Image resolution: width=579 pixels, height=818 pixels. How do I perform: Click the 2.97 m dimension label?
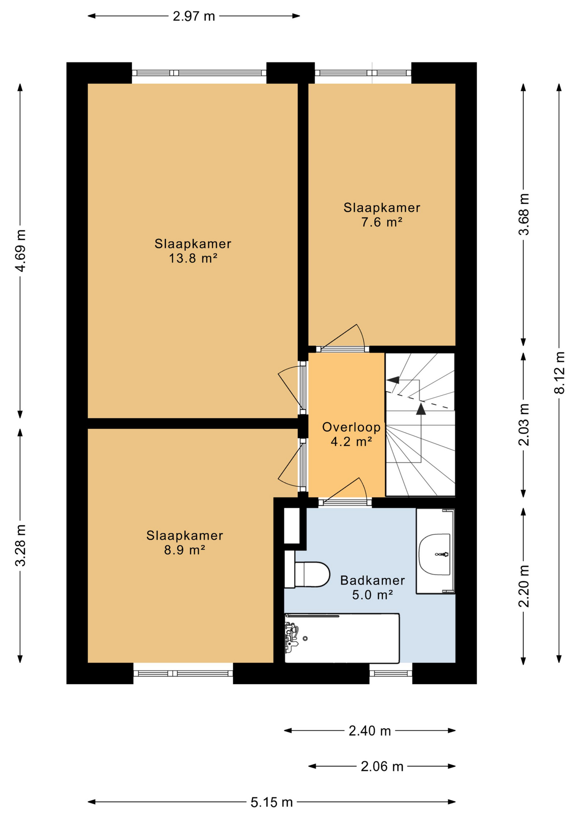tap(194, 16)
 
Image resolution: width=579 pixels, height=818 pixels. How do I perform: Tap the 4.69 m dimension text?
tap(20, 250)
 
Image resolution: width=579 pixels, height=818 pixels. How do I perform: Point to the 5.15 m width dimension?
tap(272, 802)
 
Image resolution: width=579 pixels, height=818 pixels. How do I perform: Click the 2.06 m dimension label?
tap(382, 766)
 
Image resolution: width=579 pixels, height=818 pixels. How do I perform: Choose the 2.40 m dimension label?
tap(370, 731)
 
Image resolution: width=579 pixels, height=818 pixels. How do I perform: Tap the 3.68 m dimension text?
tap(524, 214)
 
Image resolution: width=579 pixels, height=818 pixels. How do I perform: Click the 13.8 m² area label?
tap(193, 258)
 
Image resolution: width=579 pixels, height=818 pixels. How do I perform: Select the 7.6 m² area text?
tap(382, 222)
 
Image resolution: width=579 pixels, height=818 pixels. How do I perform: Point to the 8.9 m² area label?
tap(185, 550)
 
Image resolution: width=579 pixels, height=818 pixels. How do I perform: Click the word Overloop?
tap(351, 427)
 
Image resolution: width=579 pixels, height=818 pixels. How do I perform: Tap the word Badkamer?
tap(373, 580)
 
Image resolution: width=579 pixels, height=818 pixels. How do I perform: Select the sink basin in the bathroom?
tap(434, 554)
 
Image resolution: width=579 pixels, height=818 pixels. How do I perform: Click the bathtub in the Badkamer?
tap(342, 638)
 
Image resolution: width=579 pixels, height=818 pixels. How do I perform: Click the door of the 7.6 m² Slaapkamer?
tap(343, 337)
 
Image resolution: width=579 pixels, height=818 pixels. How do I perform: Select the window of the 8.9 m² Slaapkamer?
tap(183, 674)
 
